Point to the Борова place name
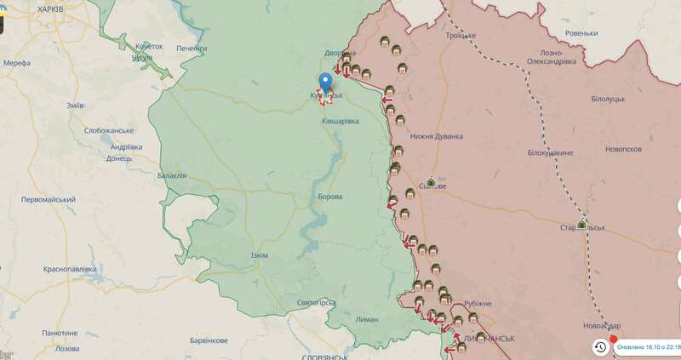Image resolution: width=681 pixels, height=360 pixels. (x=329, y=197)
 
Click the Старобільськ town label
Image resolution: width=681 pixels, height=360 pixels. (x=582, y=229)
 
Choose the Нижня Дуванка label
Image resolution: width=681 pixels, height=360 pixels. (x=436, y=136)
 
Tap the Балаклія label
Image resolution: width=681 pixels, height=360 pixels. (x=171, y=175)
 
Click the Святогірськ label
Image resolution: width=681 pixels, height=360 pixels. (x=319, y=302)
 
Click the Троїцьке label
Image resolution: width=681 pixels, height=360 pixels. (x=463, y=36)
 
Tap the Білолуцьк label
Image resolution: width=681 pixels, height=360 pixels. (x=609, y=99)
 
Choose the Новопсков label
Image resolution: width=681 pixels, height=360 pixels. (x=622, y=149)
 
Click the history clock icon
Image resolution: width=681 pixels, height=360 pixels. (x=600, y=346)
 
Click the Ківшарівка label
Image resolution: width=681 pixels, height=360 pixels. (x=340, y=122)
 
